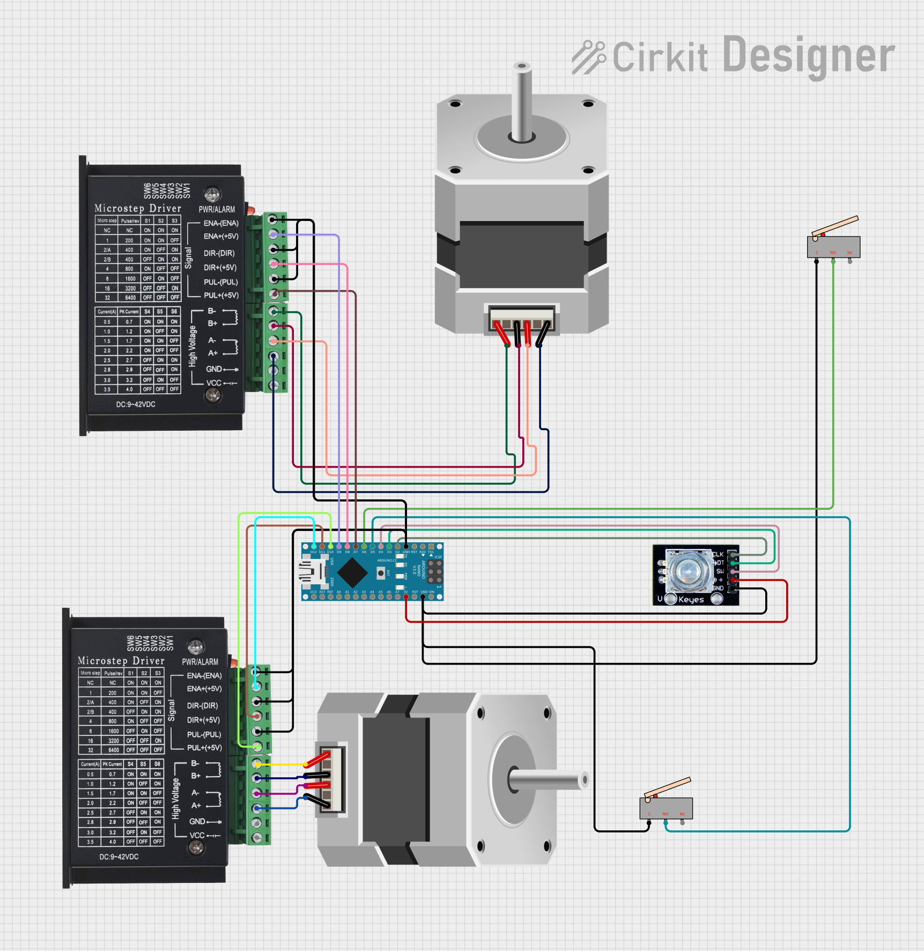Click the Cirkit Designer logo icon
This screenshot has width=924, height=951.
click(x=589, y=57)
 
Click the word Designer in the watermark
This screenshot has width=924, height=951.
click(x=809, y=56)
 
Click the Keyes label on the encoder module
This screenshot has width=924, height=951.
click(x=691, y=600)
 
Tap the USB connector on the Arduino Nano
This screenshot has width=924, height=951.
click(x=312, y=572)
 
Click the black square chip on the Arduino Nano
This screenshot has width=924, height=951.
click(x=352, y=572)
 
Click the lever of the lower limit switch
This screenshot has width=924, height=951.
click(x=668, y=787)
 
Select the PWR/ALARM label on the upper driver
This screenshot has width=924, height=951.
click(x=217, y=210)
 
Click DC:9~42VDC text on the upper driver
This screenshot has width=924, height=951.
click(x=136, y=404)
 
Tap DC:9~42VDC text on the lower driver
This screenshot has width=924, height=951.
click(x=119, y=857)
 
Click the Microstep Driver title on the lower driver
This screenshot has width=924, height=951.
click(x=121, y=661)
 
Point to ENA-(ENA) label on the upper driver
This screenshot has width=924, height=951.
click(x=221, y=223)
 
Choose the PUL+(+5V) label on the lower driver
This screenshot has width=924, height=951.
click(x=204, y=748)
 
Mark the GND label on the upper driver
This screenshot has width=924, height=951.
click(x=213, y=369)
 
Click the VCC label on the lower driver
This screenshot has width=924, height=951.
click(x=197, y=835)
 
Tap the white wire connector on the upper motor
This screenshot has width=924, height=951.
click(x=522, y=318)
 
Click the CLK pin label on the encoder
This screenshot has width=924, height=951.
click(x=718, y=554)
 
